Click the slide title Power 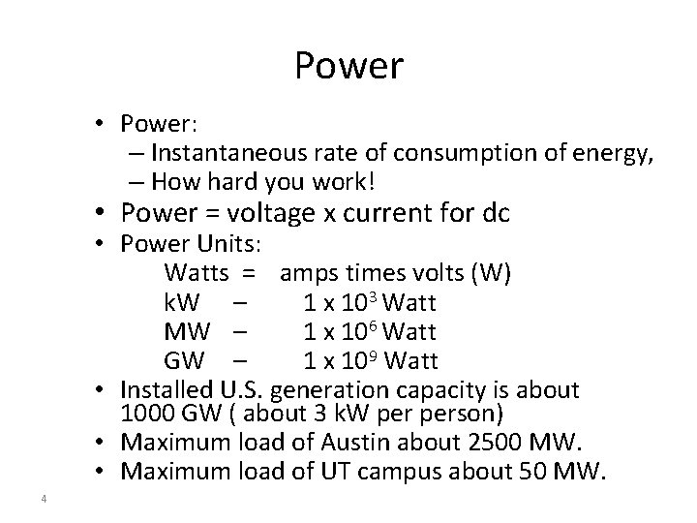coord(348,67)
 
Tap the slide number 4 coord(45,499)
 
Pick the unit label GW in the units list coord(184,361)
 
